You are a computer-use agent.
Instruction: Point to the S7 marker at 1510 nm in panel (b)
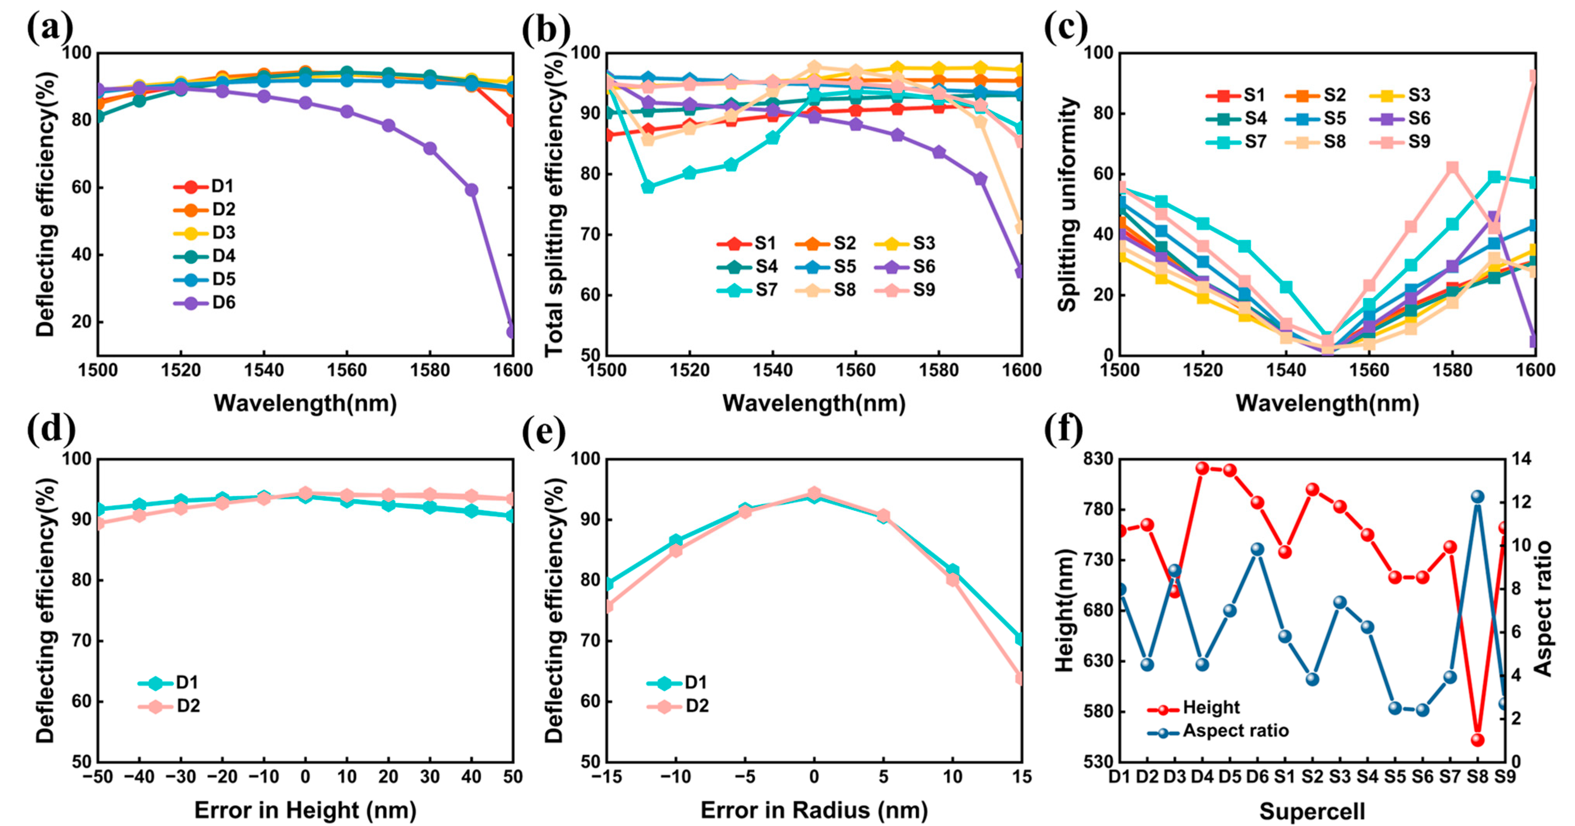pos(648,187)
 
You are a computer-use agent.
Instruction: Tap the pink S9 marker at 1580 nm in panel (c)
pos(1452,168)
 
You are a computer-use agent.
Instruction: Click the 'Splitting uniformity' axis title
pos(1067,205)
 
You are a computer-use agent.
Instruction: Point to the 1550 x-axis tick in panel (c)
pos(1328,371)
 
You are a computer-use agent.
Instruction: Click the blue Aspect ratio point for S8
pos(1477,496)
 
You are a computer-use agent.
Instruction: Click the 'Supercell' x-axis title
pos(1312,811)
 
